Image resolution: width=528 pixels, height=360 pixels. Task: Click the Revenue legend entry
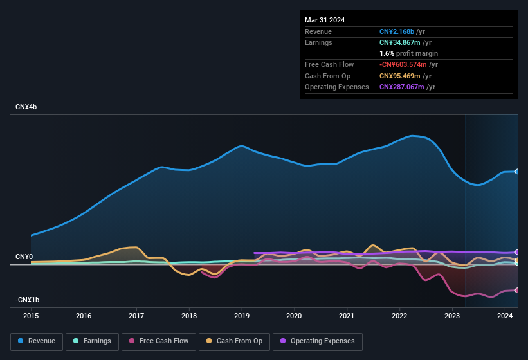[37, 341]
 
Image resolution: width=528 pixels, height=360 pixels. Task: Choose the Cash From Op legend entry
[235, 341]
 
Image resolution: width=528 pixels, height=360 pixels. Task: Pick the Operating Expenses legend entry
[318, 341]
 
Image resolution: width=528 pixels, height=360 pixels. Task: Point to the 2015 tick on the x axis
[32, 316]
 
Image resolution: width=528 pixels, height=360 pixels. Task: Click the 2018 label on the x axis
[189, 316]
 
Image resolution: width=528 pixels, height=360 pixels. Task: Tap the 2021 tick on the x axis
[347, 316]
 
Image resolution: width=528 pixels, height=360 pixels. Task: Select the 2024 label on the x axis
[505, 316]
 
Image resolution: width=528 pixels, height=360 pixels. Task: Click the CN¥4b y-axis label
[26, 107]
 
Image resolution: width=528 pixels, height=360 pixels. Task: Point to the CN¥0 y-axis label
[24, 256]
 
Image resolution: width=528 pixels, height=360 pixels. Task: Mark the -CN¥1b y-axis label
[28, 300]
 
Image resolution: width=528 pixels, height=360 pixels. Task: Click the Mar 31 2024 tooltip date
[325, 20]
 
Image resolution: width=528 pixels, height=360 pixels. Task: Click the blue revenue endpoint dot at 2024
[517, 171]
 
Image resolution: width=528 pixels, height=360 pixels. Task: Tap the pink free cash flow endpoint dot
[517, 291]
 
